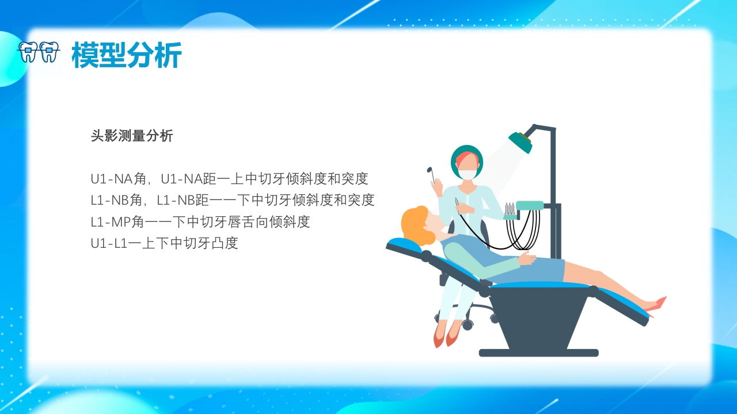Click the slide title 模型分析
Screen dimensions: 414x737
[127, 55]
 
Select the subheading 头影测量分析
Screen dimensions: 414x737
[132, 136]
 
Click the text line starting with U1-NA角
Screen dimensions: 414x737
[229, 179]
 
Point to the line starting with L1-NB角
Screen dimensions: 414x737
[233, 200]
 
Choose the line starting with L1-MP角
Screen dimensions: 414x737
[200, 221]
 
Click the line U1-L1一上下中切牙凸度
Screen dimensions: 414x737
[164, 243]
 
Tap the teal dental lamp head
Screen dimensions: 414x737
[521, 141]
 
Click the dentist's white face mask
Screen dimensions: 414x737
[468, 172]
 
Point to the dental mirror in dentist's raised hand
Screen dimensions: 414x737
[430, 170]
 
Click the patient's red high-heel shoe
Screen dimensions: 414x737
[656, 304]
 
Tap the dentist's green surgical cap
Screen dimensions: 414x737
[466, 152]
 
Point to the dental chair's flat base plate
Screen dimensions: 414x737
[538, 352]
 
